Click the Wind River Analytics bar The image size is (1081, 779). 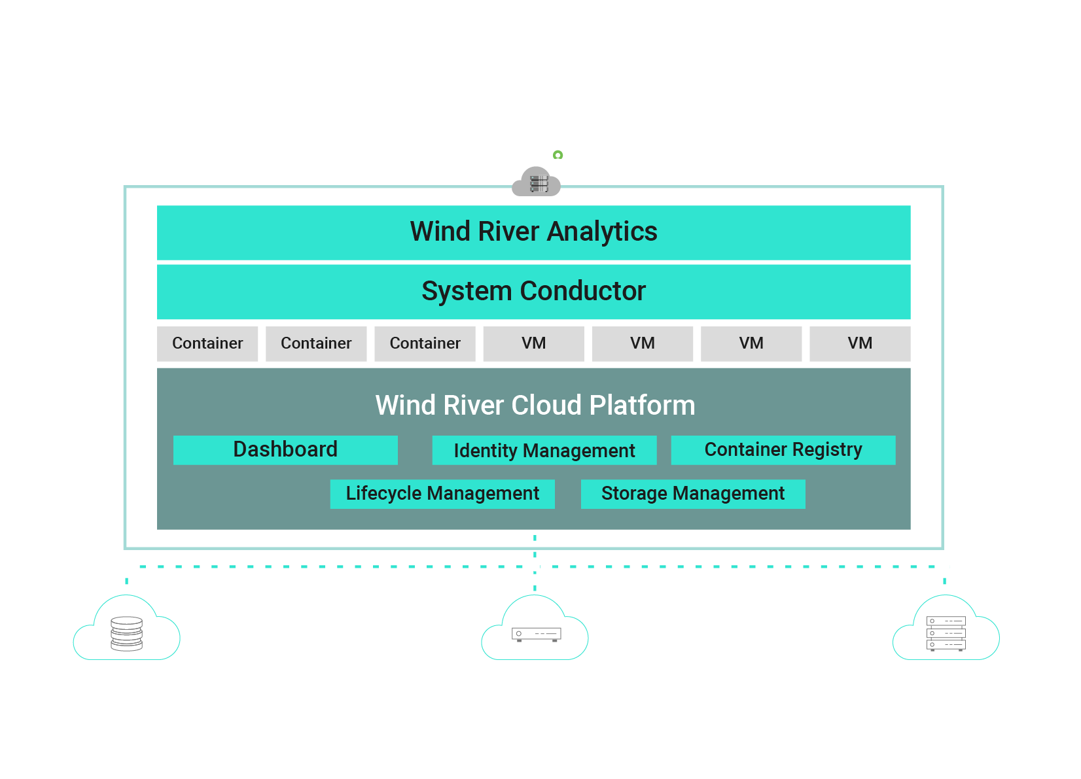(533, 233)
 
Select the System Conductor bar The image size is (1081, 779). (533, 292)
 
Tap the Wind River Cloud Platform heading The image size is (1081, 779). (535, 406)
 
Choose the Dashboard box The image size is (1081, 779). (285, 450)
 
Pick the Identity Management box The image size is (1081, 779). (544, 451)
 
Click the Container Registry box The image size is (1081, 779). (783, 450)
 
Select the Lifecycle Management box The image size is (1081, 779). (442, 494)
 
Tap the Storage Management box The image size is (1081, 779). (692, 494)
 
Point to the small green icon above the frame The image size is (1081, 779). (558, 155)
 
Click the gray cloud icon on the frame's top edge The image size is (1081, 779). (537, 182)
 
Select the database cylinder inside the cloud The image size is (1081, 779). (127, 634)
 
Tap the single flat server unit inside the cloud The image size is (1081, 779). (536, 634)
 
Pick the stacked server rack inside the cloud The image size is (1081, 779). (946, 634)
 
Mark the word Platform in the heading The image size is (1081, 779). (642, 406)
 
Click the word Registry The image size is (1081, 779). (827, 450)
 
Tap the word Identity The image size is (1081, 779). (486, 451)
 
